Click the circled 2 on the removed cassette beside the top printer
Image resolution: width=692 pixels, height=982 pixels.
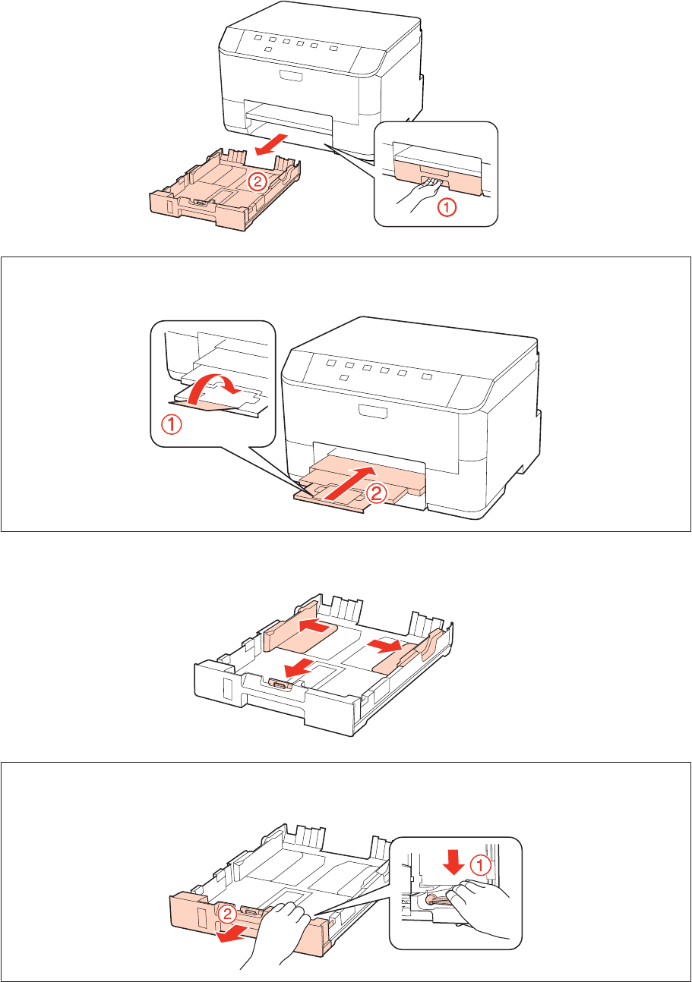tap(257, 181)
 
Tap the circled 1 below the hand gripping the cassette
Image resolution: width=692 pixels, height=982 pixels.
tap(447, 207)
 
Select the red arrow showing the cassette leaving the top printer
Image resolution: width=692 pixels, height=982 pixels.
tap(271, 145)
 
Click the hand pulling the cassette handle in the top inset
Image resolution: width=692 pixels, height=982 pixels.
tap(419, 194)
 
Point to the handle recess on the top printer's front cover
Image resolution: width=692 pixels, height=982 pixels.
tap(290, 77)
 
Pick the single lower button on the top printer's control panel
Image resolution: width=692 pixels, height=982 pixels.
tap(268, 49)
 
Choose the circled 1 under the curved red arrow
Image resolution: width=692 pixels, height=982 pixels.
tap(172, 425)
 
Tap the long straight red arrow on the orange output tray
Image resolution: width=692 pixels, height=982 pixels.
tap(350, 483)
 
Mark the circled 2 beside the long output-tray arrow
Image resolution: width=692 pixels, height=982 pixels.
tap(377, 495)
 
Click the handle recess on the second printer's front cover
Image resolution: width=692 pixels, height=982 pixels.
tap(373, 411)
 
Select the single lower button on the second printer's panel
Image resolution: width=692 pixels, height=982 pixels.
tap(345, 377)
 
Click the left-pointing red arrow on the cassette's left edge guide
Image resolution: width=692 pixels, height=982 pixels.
tap(314, 626)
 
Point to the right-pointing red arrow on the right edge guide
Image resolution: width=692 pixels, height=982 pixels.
tap(385, 645)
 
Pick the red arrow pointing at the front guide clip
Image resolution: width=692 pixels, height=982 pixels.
tap(299, 669)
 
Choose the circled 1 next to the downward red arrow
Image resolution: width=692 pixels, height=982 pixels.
tap(480, 865)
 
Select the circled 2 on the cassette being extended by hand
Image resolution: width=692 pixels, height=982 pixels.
tap(227, 914)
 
